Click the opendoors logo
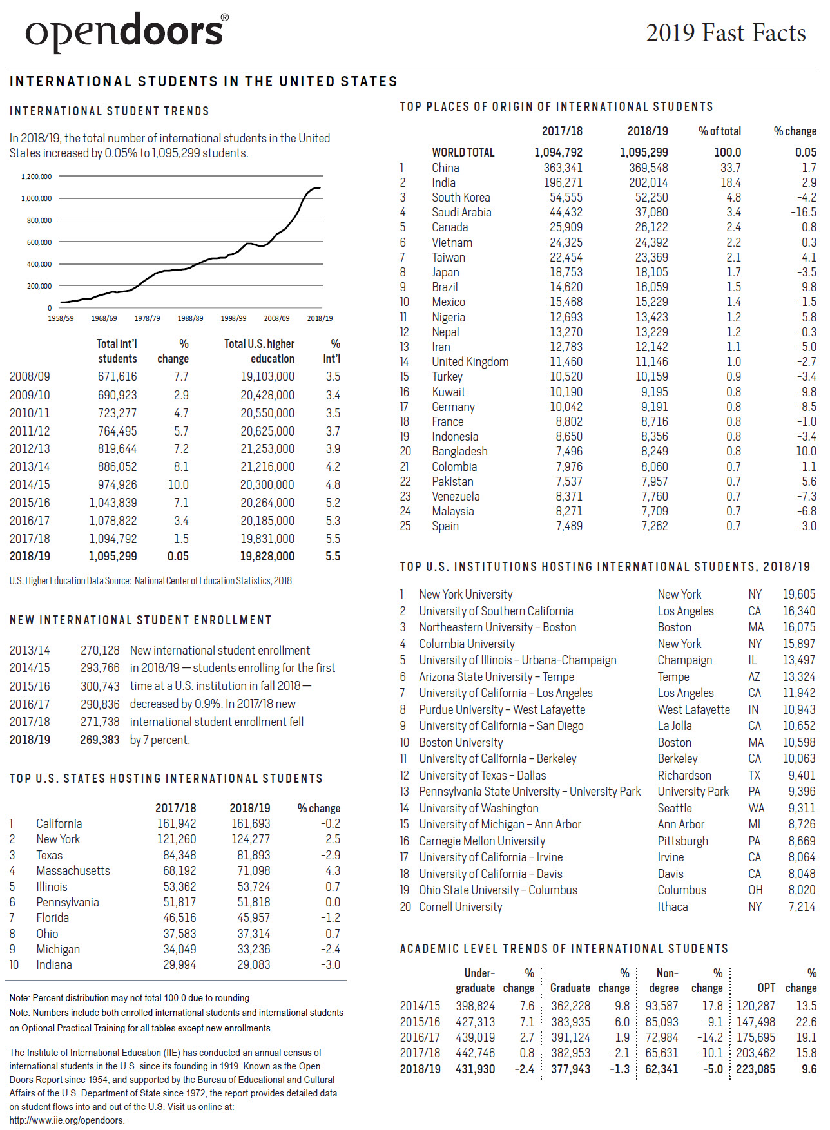[x=126, y=32]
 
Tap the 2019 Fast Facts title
[x=726, y=33]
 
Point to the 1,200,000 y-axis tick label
[x=36, y=177]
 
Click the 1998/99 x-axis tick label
[x=233, y=318]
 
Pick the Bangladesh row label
[x=459, y=451]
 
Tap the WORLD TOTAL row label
[x=463, y=153]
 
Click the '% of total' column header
[x=719, y=131]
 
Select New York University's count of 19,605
[x=798, y=594]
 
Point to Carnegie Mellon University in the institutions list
[x=481, y=841]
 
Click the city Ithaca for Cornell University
[x=672, y=906]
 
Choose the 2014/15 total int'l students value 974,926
[x=117, y=484]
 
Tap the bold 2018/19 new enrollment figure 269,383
[x=100, y=740]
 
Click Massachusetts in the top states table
[x=73, y=870]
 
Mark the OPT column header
[x=766, y=988]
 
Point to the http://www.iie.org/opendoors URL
[x=67, y=1120]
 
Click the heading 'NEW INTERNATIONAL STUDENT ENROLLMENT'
[x=140, y=620]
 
